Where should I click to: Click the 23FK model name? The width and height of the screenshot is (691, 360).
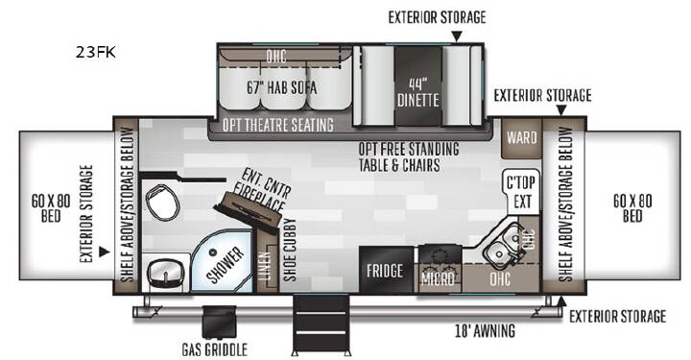[96, 52]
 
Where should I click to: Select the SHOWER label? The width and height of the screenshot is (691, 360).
[226, 265]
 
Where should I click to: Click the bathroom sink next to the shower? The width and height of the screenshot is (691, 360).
[166, 274]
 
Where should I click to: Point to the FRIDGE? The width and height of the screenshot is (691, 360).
[385, 270]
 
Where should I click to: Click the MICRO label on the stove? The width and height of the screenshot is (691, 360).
[438, 278]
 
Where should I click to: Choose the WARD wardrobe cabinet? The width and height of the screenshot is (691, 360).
[521, 138]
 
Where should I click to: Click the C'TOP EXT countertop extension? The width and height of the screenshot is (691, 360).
[521, 192]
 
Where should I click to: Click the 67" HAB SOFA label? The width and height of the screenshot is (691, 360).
[281, 87]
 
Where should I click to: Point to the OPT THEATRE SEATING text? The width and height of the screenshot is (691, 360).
[277, 125]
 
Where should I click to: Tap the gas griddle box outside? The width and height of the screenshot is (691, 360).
[219, 323]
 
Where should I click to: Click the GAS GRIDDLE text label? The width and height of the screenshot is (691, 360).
[215, 349]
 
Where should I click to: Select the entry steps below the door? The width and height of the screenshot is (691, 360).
[322, 324]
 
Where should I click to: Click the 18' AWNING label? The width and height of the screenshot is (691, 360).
[485, 330]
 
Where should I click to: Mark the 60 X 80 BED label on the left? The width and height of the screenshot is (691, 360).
[51, 208]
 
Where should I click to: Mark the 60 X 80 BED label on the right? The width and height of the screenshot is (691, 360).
[632, 208]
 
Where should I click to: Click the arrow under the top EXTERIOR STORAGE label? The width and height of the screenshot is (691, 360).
[457, 36]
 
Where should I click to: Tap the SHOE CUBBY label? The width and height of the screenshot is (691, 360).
[290, 250]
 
